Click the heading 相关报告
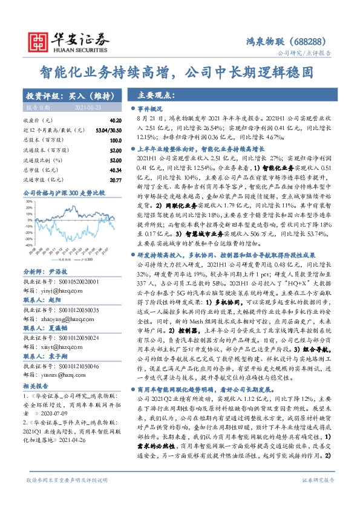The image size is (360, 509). click(x=36, y=367)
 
